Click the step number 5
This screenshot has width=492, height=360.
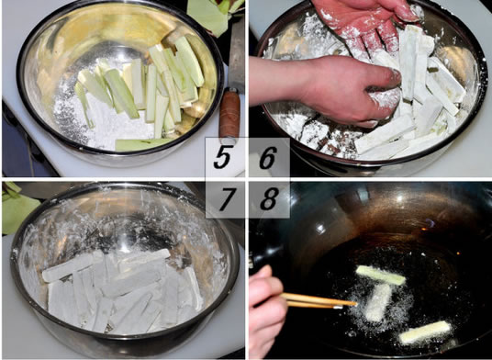pos(222,158)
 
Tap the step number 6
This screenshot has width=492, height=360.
pos(268,158)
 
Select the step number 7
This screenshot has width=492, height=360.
pos(227,199)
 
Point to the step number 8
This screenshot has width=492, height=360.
pos(270,199)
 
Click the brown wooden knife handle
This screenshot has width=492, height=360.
pos(229,114)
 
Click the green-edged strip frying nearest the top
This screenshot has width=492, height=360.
pos(381,276)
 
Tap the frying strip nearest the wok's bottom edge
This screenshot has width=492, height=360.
pos(425,332)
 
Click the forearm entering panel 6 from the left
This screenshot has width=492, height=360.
pos(279,83)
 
